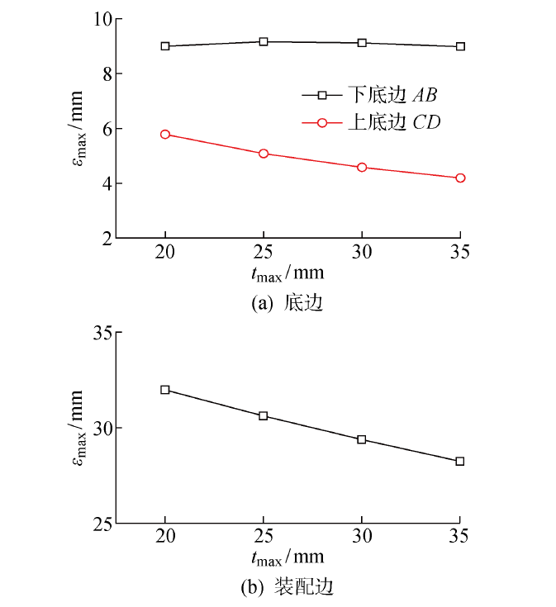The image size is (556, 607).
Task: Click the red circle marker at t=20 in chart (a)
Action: [165, 134]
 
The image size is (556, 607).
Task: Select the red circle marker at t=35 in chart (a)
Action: [460, 178]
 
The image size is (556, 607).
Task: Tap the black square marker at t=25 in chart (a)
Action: [264, 41]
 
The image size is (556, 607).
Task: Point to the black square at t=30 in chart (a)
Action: [362, 43]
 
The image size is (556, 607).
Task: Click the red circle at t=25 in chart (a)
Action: [264, 154]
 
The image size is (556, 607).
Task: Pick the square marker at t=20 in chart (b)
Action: [165, 390]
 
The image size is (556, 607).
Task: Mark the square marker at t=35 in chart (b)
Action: [460, 461]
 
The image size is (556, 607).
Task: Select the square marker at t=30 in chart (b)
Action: [362, 439]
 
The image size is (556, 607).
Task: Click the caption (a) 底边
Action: [286, 304]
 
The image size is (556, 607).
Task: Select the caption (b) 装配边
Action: [286, 588]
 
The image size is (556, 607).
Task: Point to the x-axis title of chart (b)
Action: [288, 558]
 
